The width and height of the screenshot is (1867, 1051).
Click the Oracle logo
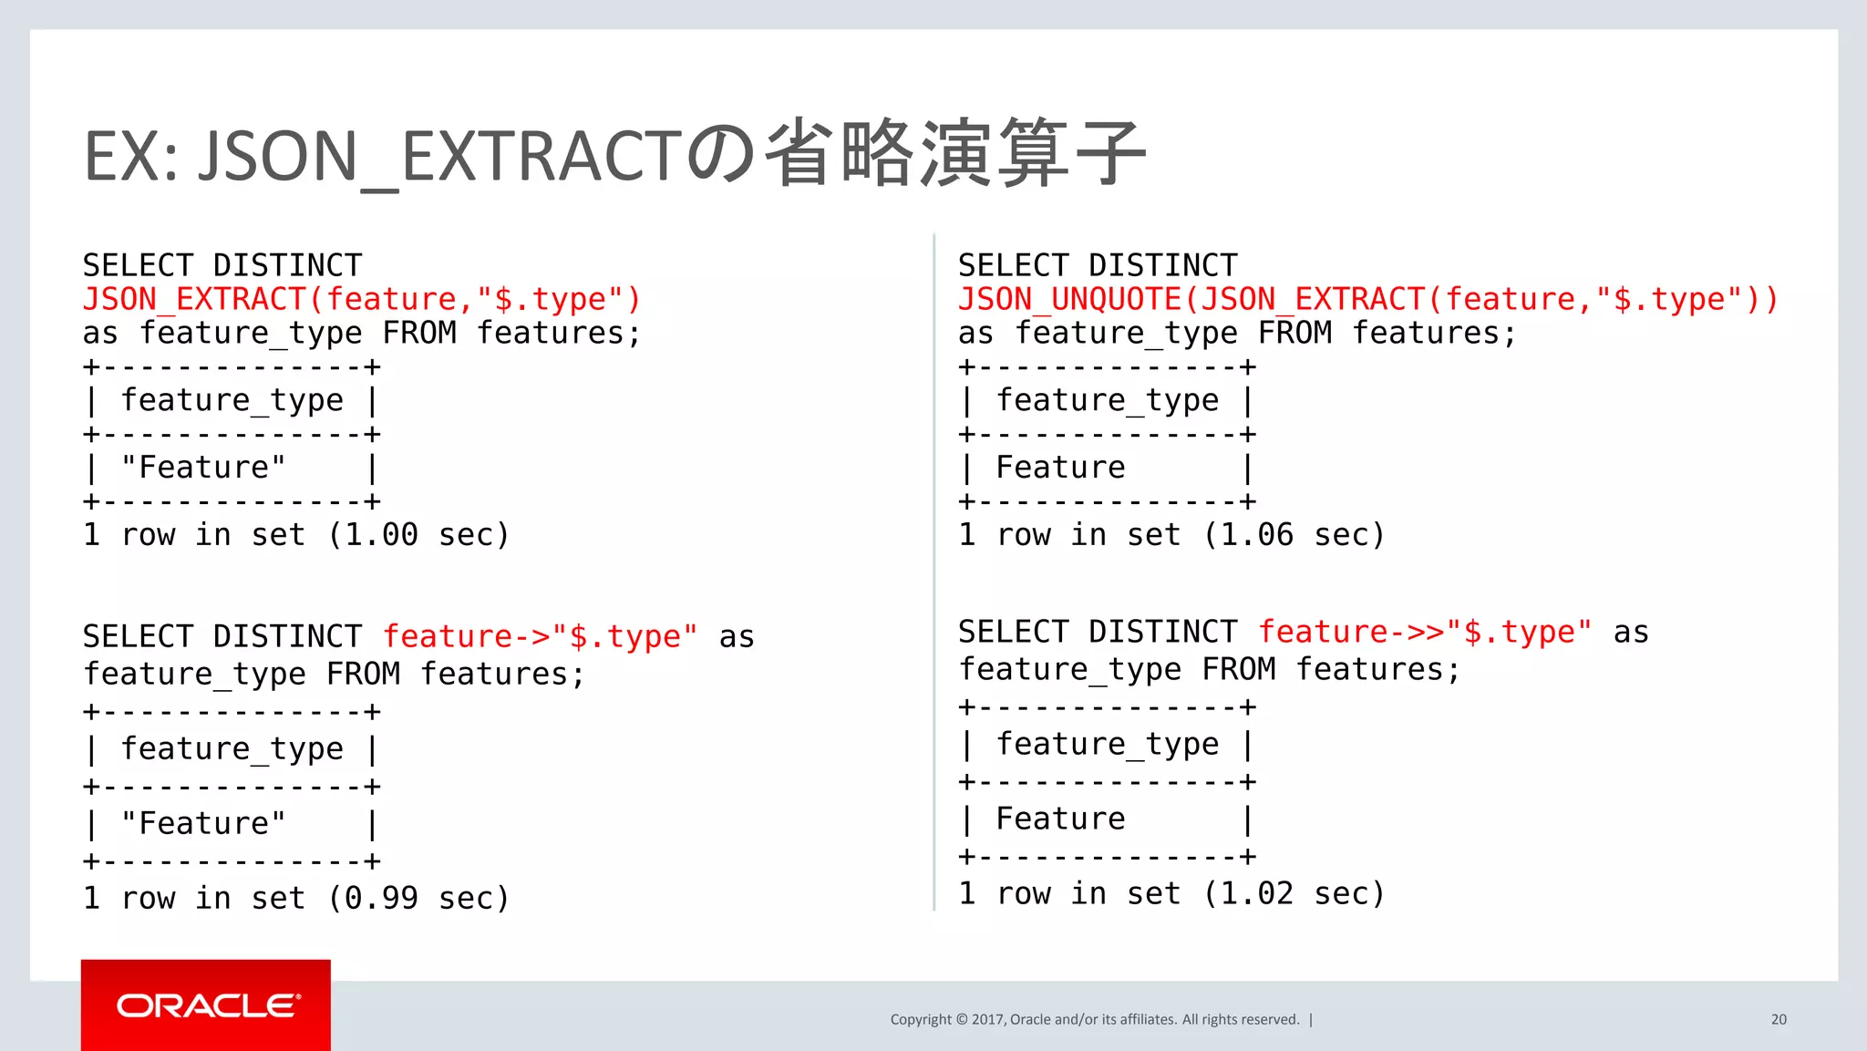[x=207, y=1005]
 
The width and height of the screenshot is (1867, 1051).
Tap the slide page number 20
[x=1779, y=1019]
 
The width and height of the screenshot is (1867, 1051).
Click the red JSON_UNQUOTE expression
[x=1367, y=299]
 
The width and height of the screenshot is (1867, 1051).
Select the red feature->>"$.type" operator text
[x=1425, y=632]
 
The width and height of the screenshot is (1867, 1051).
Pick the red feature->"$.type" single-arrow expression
[x=540, y=636]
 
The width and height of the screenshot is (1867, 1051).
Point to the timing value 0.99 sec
[x=418, y=898]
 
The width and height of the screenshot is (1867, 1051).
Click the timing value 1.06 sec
[x=1293, y=534]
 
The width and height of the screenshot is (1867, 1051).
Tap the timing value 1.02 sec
[x=1293, y=893]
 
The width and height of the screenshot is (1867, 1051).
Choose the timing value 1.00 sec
[x=418, y=534]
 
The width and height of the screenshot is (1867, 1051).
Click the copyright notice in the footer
[x=1095, y=1019]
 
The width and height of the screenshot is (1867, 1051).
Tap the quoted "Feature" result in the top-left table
[x=203, y=468]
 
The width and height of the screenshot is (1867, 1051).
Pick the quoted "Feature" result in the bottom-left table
[x=203, y=823]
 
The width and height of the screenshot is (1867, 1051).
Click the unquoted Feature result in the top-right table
[x=1060, y=468]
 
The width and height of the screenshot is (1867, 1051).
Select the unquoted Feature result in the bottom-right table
[x=1060, y=819]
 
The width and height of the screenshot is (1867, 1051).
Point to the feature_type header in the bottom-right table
[x=1107, y=745]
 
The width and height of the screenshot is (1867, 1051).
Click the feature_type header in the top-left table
[x=232, y=400]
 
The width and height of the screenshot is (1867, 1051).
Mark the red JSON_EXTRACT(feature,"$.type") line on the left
[x=362, y=299]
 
